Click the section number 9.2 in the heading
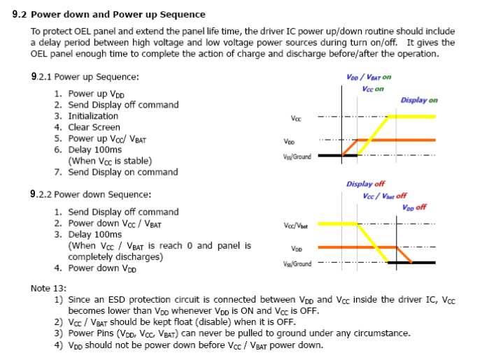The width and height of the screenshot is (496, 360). pos(20,15)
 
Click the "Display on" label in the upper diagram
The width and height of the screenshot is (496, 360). pos(419,100)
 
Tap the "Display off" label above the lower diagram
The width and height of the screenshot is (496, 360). pos(365,184)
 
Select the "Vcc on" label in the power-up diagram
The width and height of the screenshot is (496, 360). pos(373,89)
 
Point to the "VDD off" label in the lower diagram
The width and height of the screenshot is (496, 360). pos(414,208)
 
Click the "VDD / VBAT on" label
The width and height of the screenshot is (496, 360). pos(369,77)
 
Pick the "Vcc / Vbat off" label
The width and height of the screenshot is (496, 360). pos(385,196)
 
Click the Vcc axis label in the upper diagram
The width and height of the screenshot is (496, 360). pos(296,119)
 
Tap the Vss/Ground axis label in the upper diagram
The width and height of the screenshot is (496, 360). pos(297,157)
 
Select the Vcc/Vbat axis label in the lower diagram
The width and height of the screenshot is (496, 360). pos(296,226)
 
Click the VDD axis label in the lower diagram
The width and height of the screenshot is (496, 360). pos(297,249)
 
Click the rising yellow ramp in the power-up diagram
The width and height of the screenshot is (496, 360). pos(374,136)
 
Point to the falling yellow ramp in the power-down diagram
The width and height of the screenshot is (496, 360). pos(374,243)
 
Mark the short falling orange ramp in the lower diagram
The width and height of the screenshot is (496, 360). pos(404,254)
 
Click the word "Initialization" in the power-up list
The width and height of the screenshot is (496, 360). pos(93,116)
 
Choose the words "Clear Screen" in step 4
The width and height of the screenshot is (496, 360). pos(94,127)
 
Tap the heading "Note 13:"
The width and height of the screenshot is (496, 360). pos(49,288)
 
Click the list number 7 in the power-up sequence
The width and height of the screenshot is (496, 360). pos(57,172)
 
